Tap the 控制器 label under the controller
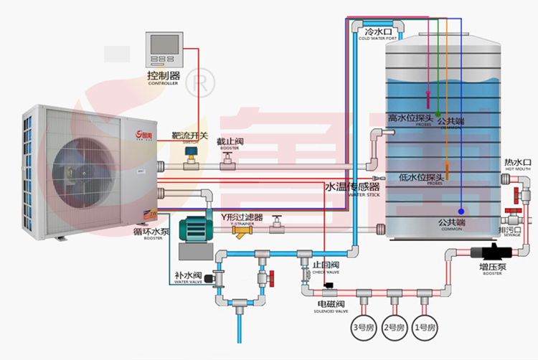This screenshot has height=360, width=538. coord(164,75)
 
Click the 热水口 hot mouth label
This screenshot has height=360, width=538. coord(517,161)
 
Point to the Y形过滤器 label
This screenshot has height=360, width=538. coord(242,217)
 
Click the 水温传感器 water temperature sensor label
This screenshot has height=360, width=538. coord(352,187)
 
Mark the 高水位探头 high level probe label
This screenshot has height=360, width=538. coord(410,118)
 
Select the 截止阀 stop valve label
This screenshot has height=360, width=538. coord(230,142)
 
